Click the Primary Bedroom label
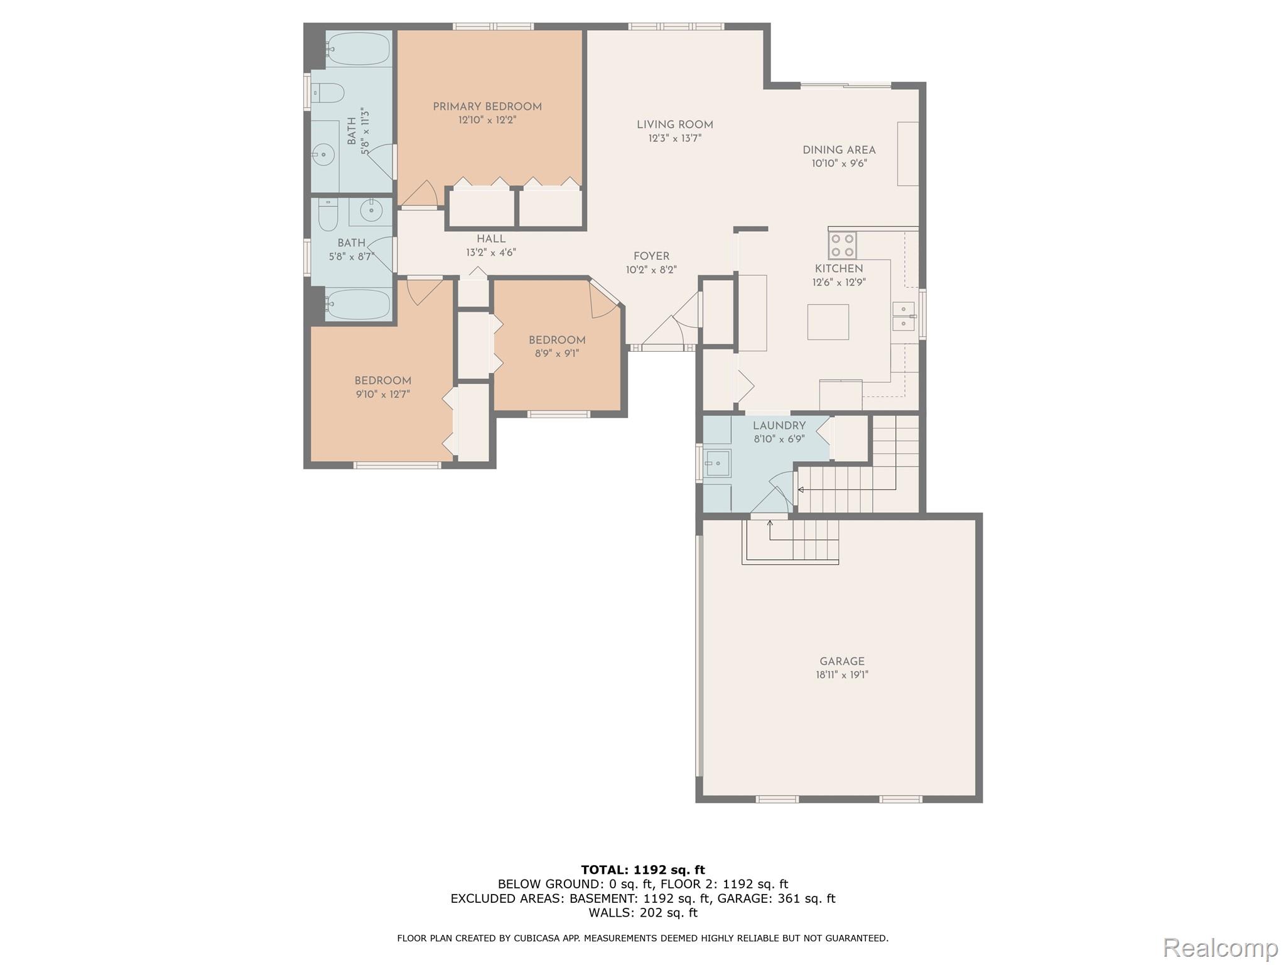click(487, 107)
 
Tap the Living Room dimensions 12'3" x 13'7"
click(674, 138)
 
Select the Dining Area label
click(839, 150)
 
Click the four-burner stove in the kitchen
click(842, 246)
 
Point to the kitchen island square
click(828, 322)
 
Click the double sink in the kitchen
click(903, 316)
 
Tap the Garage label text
click(841, 661)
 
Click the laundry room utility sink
click(717, 464)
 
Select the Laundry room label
click(779, 425)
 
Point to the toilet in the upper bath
click(328, 94)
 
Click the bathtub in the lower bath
click(358, 305)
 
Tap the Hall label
click(490, 239)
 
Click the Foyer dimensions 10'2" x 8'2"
click(651, 270)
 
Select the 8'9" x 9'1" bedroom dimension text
click(556, 354)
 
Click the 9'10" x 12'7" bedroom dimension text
click(382, 395)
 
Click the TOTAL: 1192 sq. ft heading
click(642, 870)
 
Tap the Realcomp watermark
click(1220, 947)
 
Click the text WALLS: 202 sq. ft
click(642, 913)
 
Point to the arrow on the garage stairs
click(770, 523)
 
